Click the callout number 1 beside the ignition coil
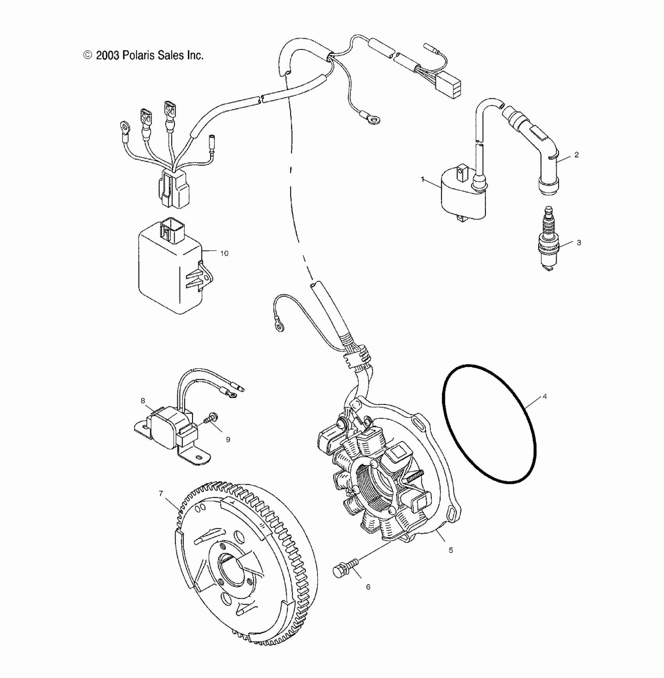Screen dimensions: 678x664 [423, 179]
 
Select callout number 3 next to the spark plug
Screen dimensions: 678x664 [579, 243]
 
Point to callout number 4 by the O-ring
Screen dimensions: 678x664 [545, 396]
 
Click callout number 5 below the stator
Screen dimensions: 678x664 [451, 550]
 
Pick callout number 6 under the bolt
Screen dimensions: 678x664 [368, 598]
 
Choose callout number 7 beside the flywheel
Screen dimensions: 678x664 [161, 494]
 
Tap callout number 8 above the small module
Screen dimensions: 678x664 [143, 400]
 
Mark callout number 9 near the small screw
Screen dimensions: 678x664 [228, 439]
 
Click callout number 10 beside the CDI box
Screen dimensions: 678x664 [224, 253]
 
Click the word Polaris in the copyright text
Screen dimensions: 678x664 [139, 55]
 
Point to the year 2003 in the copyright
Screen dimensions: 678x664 [107, 55]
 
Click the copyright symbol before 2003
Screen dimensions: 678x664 [88, 55]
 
